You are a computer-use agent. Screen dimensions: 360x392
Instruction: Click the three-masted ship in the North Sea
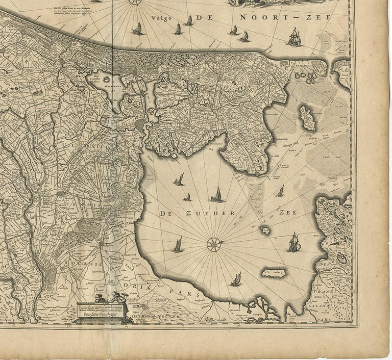(294, 37)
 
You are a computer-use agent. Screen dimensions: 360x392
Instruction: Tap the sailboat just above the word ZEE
(280, 192)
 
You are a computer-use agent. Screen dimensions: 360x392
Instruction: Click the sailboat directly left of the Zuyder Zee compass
(178, 245)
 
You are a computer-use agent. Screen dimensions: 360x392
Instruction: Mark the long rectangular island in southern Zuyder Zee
(274, 273)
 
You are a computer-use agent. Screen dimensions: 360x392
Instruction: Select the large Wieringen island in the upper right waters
(308, 117)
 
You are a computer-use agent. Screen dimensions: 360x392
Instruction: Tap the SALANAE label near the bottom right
(327, 303)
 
